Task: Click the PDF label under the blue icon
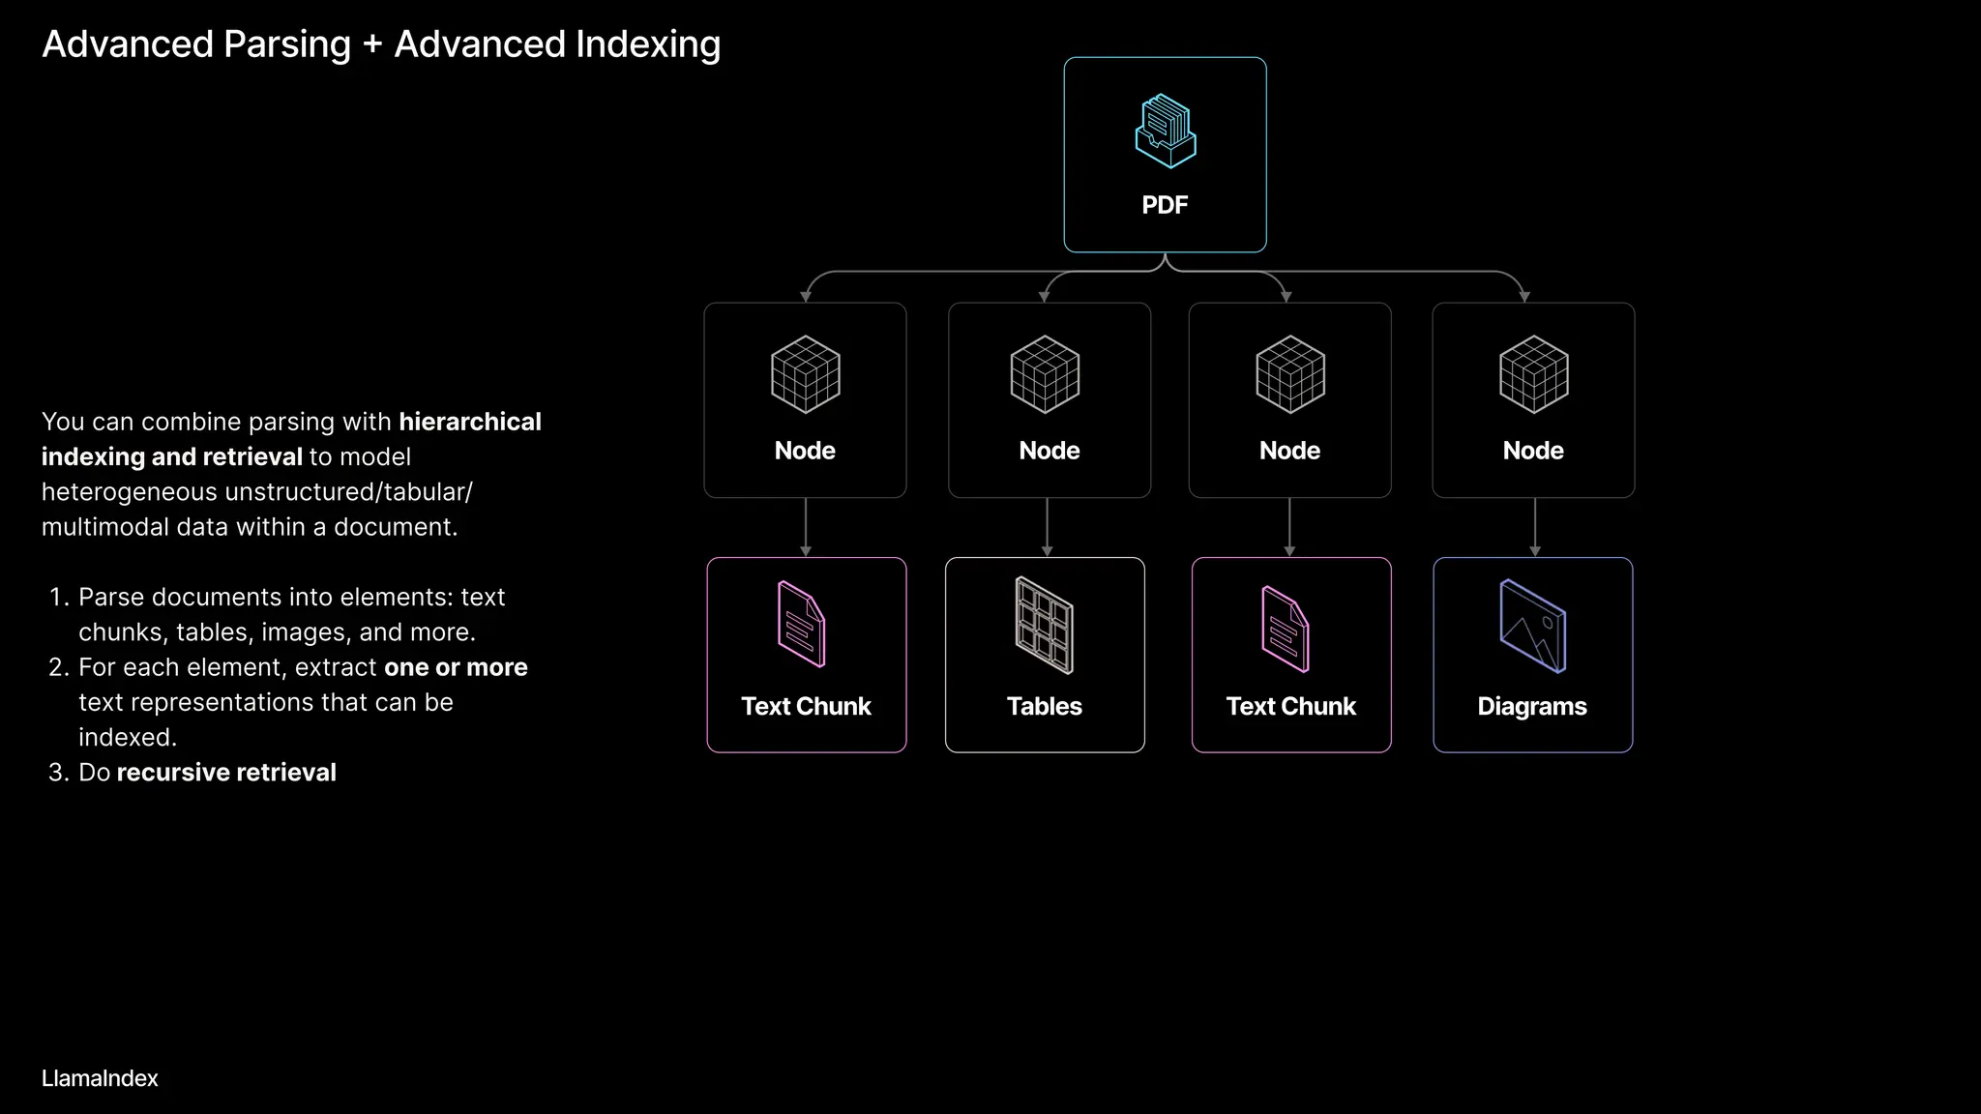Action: click(x=1165, y=205)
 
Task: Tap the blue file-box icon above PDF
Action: click(x=1165, y=132)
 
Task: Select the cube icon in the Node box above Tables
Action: click(x=1045, y=374)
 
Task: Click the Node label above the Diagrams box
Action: click(x=1533, y=451)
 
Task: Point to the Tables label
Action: click(x=1044, y=706)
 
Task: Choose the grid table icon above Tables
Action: click(x=1045, y=626)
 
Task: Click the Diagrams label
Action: click(x=1532, y=706)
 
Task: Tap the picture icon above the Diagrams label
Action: click(x=1533, y=626)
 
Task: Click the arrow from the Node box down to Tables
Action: click(x=1047, y=527)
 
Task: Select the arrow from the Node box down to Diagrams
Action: click(x=1535, y=527)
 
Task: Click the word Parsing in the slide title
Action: click(x=287, y=45)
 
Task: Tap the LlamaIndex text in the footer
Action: click(x=100, y=1078)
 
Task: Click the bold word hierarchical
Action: click(x=470, y=422)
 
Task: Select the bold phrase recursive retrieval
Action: click(x=226, y=773)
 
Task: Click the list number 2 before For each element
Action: click(x=58, y=667)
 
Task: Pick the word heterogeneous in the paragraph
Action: click(x=130, y=492)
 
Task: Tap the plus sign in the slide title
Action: click(x=372, y=45)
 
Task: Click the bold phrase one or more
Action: click(x=456, y=667)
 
